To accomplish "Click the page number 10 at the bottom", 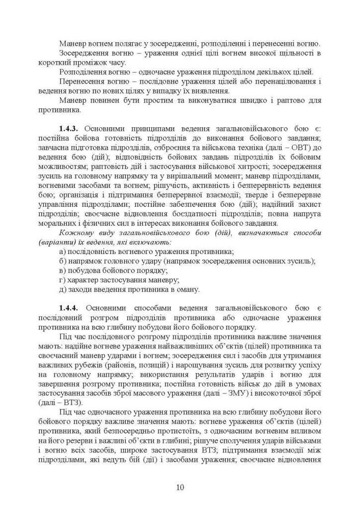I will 180,487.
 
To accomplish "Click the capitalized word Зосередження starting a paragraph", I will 84,53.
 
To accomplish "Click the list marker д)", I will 63,290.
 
